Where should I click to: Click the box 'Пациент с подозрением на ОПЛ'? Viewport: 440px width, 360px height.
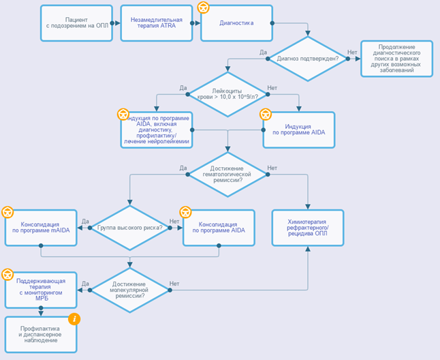[76, 22]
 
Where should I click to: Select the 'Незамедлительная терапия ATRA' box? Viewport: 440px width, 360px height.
[155, 22]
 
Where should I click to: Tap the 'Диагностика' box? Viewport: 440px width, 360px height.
[236, 22]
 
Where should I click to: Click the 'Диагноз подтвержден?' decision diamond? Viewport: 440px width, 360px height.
[309, 59]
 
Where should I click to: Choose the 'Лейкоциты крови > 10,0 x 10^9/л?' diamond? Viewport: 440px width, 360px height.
[227, 93]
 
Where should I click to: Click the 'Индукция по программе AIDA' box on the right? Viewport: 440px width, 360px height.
[299, 130]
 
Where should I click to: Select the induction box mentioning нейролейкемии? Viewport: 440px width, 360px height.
[157, 130]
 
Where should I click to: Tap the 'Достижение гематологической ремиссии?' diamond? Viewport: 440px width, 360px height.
[227, 175]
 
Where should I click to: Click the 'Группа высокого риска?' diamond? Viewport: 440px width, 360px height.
[130, 228]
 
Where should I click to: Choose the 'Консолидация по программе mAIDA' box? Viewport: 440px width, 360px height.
[40, 228]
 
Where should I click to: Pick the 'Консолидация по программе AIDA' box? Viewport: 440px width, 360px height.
[219, 228]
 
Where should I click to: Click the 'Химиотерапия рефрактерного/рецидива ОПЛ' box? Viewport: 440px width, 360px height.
[308, 228]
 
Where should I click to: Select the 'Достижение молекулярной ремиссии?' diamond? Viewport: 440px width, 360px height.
[130, 290]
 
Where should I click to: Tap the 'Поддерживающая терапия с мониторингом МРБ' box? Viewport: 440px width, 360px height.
[40, 290]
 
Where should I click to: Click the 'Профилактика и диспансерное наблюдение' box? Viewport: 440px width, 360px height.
[40, 334]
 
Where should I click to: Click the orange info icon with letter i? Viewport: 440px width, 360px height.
[75, 318]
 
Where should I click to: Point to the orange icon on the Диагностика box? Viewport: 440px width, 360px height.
[203, 7]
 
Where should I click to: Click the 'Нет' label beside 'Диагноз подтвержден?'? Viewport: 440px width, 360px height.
[352, 52]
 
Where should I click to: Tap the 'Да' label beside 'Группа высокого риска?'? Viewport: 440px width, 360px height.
[85, 221]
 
